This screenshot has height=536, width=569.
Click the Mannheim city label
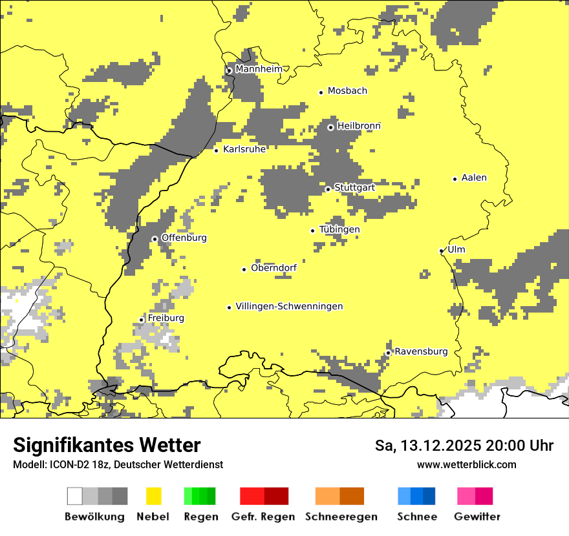(259, 69)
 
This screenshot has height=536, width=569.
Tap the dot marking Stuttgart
(328, 189)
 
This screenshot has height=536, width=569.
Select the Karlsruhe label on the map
(244, 149)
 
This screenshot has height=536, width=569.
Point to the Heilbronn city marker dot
(330, 127)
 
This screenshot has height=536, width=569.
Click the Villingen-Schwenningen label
(289, 306)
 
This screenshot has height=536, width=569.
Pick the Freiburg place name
(166, 318)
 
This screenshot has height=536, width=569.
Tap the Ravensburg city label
(421, 351)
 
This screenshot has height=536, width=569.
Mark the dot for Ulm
(442, 251)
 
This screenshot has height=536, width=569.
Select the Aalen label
(474, 178)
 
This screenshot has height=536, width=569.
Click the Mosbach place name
(347, 91)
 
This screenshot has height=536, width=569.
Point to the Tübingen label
(339, 229)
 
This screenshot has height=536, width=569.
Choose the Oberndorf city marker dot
(244, 269)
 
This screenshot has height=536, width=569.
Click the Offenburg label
(184, 238)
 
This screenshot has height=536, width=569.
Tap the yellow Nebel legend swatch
(154, 496)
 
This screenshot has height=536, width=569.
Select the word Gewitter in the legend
(477, 517)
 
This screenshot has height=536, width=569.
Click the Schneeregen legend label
(341, 517)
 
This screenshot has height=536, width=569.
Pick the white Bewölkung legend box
(75, 496)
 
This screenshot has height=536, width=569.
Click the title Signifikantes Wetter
(107, 445)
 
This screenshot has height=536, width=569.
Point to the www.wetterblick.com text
(467, 464)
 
